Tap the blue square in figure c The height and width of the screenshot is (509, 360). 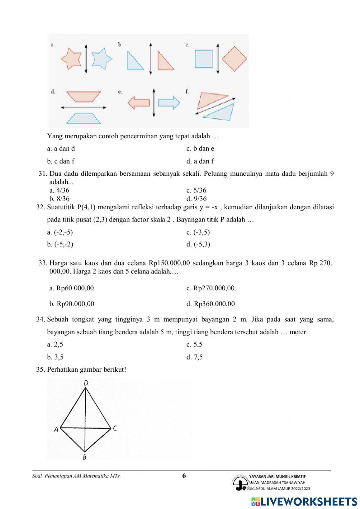[x=204, y=59]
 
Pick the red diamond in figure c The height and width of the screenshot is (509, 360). [x=234, y=59]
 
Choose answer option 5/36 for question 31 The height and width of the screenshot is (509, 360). [x=196, y=190]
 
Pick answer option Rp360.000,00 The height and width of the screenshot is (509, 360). [x=211, y=304]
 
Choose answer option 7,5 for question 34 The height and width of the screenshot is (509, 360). [x=194, y=357]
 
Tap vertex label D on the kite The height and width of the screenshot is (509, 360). [x=86, y=383]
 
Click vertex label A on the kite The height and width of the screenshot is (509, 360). [x=56, y=429]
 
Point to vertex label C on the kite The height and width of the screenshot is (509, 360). [x=115, y=428]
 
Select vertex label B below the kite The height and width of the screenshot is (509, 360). [x=84, y=457]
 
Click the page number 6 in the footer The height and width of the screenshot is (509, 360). [x=184, y=475]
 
